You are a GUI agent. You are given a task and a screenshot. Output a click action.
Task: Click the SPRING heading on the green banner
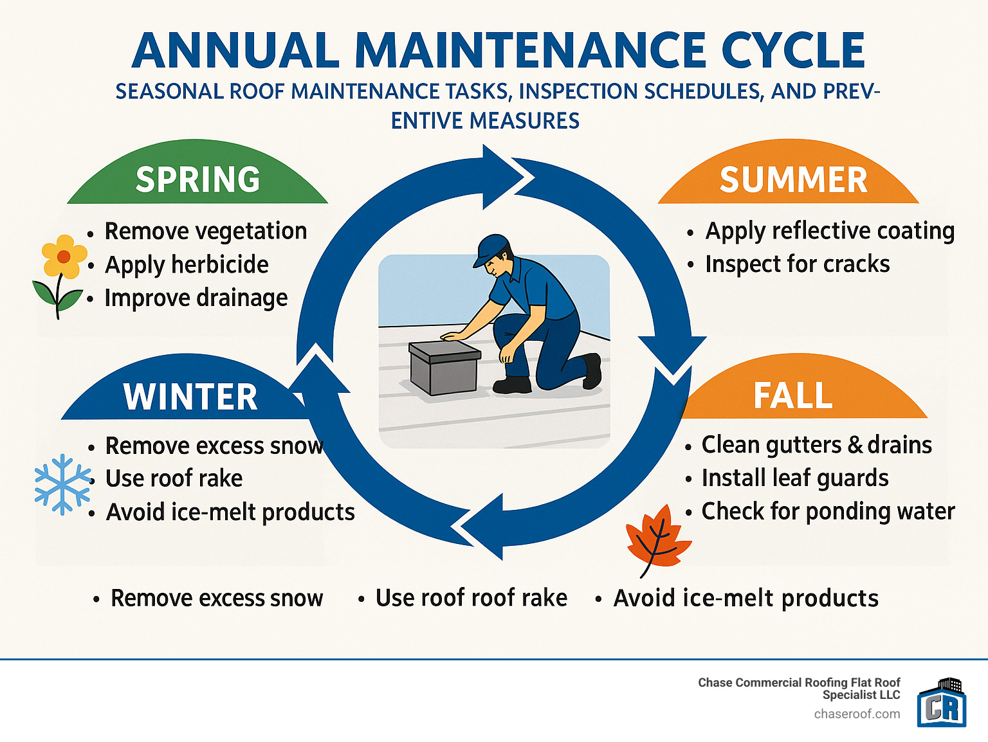click(197, 179)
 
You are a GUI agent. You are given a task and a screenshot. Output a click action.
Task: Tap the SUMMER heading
click(793, 179)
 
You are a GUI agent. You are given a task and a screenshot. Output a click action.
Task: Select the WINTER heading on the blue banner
click(190, 397)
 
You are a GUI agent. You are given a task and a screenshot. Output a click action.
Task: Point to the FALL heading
click(792, 395)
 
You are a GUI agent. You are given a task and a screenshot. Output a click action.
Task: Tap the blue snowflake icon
click(62, 484)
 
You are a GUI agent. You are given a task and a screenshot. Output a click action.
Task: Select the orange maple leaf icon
click(657, 539)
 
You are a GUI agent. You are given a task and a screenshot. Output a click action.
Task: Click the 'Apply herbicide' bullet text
click(187, 265)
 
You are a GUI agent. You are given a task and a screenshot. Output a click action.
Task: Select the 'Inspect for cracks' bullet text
click(797, 264)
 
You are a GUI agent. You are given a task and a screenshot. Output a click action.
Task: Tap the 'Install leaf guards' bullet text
click(794, 478)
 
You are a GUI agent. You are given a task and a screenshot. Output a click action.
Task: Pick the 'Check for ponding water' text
click(828, 511)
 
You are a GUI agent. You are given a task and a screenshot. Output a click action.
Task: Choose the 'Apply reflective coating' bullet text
click(830, 231)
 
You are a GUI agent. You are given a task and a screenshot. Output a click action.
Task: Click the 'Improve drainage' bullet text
click(196, 298)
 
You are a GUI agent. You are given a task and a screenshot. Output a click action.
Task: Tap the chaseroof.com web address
click(857, 714)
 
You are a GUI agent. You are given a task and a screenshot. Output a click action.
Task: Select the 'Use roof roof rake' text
click(471, 598)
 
